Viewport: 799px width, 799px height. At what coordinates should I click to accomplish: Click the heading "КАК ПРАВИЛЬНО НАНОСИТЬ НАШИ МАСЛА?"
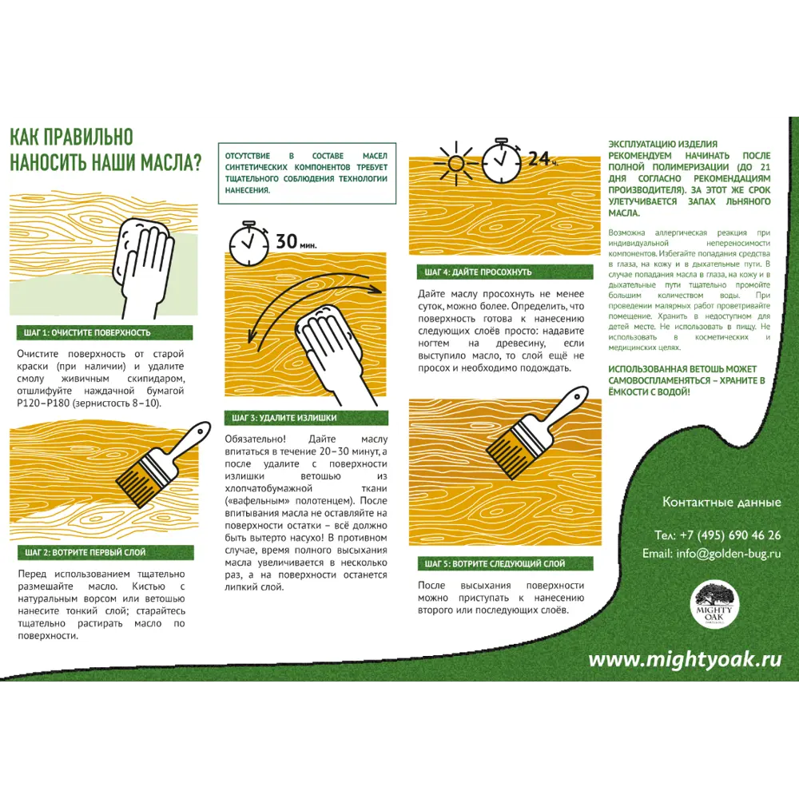[105, 149]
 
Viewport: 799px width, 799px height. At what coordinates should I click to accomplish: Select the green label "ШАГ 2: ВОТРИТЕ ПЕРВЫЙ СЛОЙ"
[85, 552]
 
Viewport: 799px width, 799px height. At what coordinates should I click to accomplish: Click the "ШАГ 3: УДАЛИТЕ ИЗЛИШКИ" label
[284, 418]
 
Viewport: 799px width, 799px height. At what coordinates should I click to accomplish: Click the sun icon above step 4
[455, 163]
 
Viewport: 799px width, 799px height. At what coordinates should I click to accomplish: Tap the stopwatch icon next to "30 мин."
[248, 243]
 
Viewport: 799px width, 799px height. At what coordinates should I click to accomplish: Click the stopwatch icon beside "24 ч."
[501, 160]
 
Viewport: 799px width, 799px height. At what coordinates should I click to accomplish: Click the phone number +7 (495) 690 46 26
[718, 535]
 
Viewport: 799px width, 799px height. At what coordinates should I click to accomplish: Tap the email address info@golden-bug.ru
[711, 553]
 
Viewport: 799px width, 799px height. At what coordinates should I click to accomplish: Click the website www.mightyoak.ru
[685, 659]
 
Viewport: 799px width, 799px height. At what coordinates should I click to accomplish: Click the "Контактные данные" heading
[721, 503]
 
